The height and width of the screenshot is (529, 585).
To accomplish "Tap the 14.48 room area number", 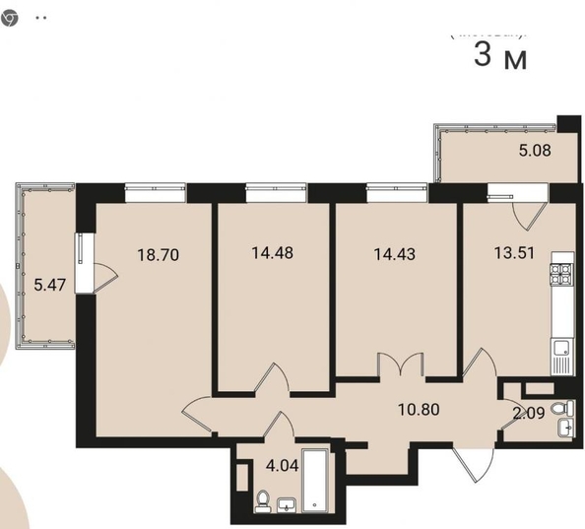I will pyautogui.click(x=271, y=252).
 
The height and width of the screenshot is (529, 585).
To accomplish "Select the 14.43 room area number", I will pyautogui.click(x=393, y=253).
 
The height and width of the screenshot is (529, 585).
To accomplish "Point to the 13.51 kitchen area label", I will pyautogui.click(x=514, y=251).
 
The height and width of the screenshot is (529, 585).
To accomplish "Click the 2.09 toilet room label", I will pyautogui.click(x=531, y=413).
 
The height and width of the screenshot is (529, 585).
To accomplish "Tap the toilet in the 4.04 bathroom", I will pyautogui.click(x=261, y=502).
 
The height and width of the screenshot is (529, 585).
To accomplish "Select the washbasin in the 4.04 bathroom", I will pyautogui.click(x=286, y=505).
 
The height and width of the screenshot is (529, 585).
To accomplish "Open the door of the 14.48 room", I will pyautogui.click(x=271, y=380).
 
